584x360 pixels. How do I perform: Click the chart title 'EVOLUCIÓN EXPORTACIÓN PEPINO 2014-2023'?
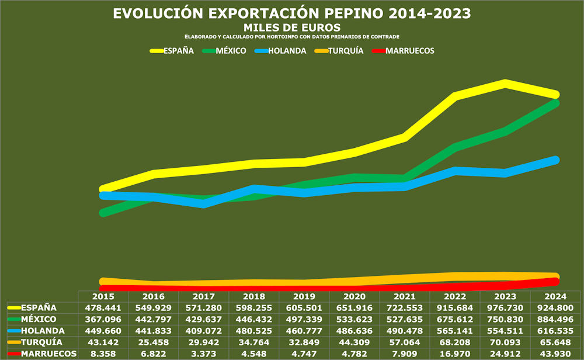click(x=291, y=13)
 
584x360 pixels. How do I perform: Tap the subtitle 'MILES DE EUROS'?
click(x=291, y=27)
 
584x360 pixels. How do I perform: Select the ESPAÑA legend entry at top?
click(x=178, y=51)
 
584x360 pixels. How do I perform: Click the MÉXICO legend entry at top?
click(x=231, y=51)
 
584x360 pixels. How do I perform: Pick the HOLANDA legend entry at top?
click(x=287, y=51)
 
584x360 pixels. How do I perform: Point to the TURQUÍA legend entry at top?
click(x=346, y=51)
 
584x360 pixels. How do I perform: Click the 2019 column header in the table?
click(x=304, y=296)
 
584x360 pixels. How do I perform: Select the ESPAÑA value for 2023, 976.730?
click(x=505, y=308)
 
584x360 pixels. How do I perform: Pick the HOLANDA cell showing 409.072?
click(x=203, y=331)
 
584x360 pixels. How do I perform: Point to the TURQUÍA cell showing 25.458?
click(x=153, y=342)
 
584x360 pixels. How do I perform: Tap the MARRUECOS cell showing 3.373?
click(x=203, y=354)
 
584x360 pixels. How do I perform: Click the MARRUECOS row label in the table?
click(x=48, y=354)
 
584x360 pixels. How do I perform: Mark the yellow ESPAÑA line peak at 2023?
click(x=505, y=83)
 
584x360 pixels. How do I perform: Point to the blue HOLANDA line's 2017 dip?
click(x=203, y=203)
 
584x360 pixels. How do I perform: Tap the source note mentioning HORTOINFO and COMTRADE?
click(x=291, y=37)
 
